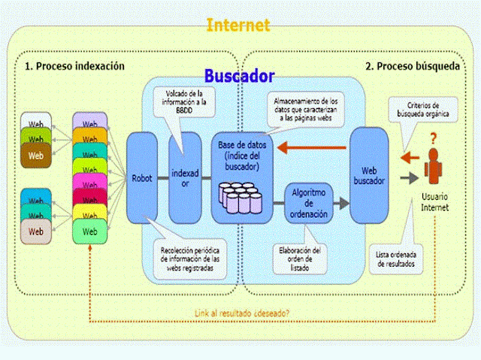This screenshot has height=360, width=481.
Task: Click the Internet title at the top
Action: pyautogui.click(x=237, y=25)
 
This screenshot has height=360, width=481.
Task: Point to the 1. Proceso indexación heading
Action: pyautogui.click(x=74, y=66)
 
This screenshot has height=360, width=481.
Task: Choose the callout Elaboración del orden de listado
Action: pyautogui.click(x=301, y=255)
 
